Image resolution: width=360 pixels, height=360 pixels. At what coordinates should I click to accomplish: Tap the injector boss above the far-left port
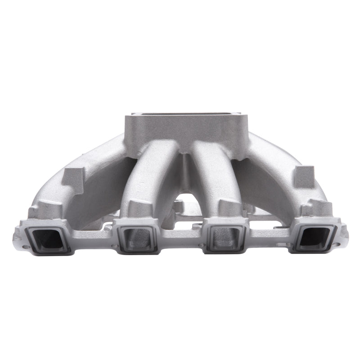pos(45,211)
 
